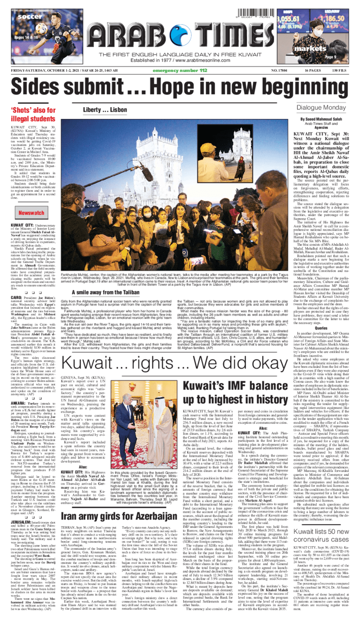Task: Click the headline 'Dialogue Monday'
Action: click(x=320, y=108)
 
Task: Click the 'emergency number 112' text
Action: click(x=180, y=70)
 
